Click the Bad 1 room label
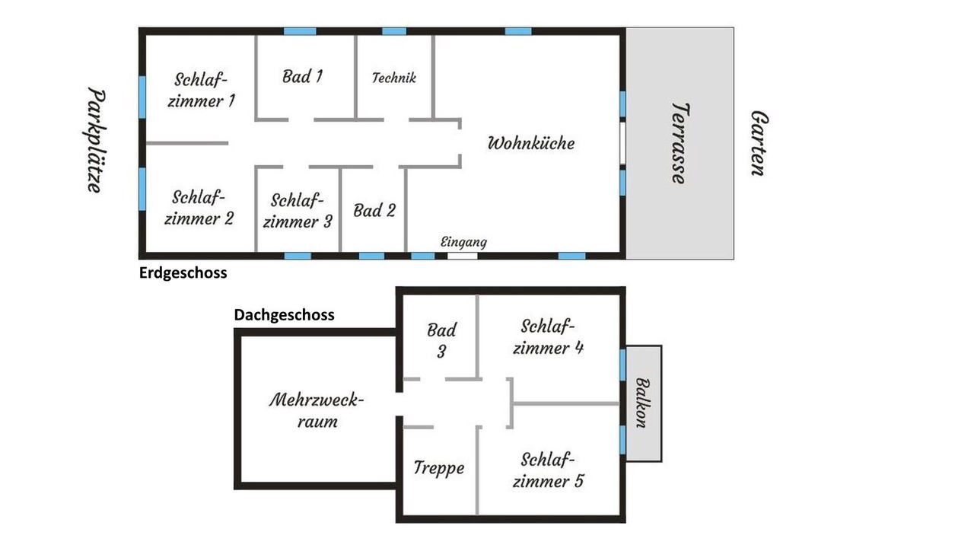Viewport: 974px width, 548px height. click(x=302, y=77)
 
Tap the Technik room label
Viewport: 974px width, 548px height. click(x=394, y=78)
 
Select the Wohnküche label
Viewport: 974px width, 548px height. click(x=531, y=143)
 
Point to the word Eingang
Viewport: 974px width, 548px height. click(x=463, y=242)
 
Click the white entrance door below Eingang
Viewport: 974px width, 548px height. click(x=463, y=256)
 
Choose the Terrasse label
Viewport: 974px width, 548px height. click(x=680, y=144)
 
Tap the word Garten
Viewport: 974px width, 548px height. click(x=759, y=143)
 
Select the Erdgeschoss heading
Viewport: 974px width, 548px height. click(x=183, y=273)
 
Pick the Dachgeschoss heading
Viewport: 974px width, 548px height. click(x=285, y=315)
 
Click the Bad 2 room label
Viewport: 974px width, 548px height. click(x=374, y=211)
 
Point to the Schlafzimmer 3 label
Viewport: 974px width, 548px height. click(x=298, y=211)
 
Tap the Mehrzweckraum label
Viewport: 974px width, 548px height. click(x=317, y=410)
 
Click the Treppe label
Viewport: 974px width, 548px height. click(x=439, y=468)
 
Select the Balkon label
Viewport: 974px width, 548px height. click(x=643, y=403)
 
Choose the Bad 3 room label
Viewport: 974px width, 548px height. click(x=441, y=340)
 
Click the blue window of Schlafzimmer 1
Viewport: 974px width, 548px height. click(x=142, y=97)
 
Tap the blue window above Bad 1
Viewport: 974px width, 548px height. click(x=300, y=31)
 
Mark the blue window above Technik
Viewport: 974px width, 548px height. click(x=394, y=31)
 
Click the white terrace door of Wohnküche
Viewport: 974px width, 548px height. click(x=622, y=143)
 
